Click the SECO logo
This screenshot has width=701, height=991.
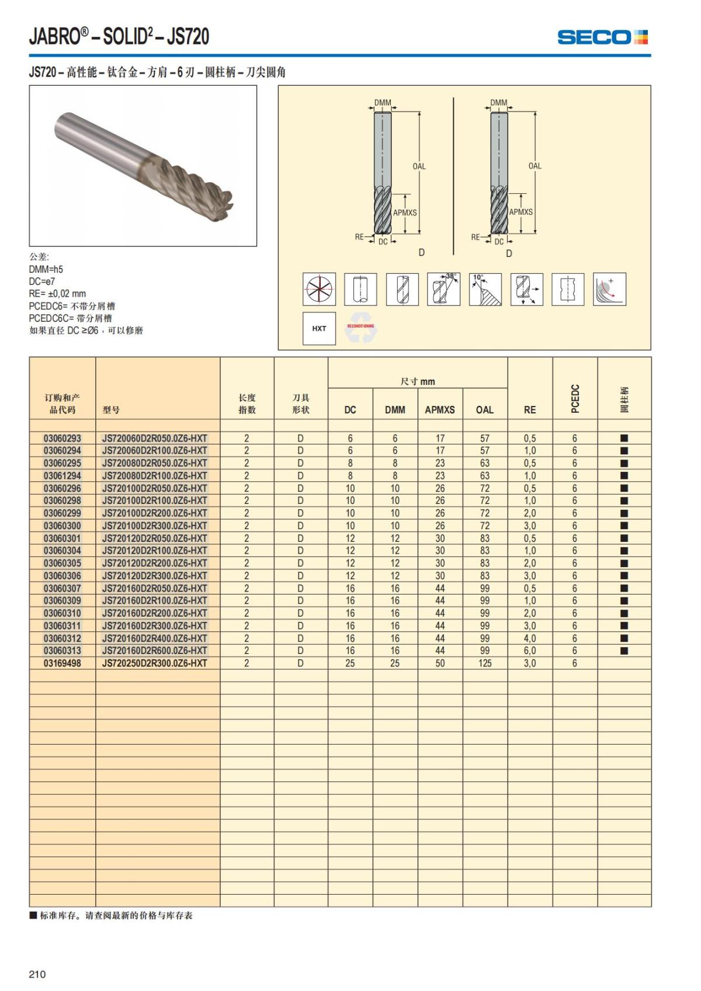[602, 37]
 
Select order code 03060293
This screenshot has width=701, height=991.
[63, 438]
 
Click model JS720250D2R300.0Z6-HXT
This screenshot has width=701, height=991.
[154, 663]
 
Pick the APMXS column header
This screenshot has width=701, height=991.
[439, 410]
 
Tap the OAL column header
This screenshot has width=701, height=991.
[484, 410]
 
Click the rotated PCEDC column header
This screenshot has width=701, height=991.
[575, 398]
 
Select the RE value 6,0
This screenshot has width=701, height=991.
[529, 651]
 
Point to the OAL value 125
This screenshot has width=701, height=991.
[484, 663]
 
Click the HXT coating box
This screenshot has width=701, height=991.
[319, 328]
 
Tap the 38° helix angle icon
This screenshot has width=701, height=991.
[443, 288]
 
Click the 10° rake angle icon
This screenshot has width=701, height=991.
[485, 288]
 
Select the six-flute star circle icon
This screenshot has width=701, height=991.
[319, 288]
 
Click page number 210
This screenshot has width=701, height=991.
[37, 974]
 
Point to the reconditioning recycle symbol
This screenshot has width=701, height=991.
[360, 329]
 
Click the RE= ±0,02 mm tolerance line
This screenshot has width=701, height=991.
[57, 294]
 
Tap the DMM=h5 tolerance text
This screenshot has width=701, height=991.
[46, 269]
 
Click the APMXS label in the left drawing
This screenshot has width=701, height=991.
[405, 213]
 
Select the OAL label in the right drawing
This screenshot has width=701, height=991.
[535, 166]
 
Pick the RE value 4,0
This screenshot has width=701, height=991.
[529, 638]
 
